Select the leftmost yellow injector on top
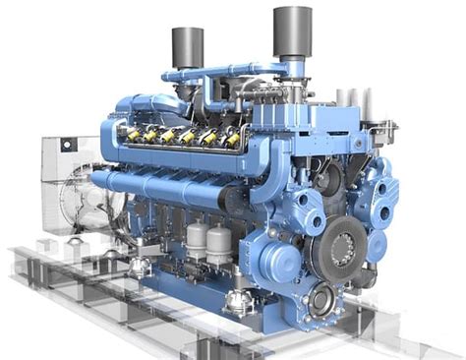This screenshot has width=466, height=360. coord(128,130)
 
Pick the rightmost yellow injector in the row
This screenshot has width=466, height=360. coord(233,140)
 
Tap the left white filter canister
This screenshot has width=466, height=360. coord(197,240)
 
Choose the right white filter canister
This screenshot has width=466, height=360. coord(220,246)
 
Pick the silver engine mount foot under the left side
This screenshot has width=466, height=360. coord(139,267)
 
